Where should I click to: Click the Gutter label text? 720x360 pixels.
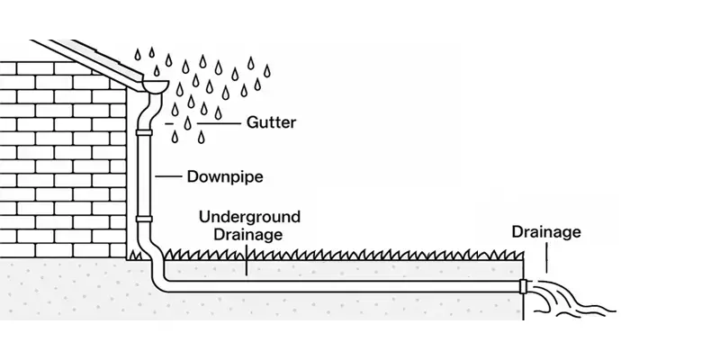pyautogui.click(x=271, y=121)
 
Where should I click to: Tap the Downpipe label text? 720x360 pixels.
pyautogui.click(x=225, y=177)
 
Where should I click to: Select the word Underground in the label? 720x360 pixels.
pyautogui.click(x=250, y=218)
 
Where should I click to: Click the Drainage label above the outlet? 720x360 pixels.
pyautogui.click(x=546, y=232)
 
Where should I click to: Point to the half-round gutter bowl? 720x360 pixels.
pyautogui.click(x=155, y=86)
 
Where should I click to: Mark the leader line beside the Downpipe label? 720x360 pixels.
pyautogui.click(x=169, y=177)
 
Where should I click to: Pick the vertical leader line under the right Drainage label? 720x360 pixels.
pyautogui.click(x=546, y=261)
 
